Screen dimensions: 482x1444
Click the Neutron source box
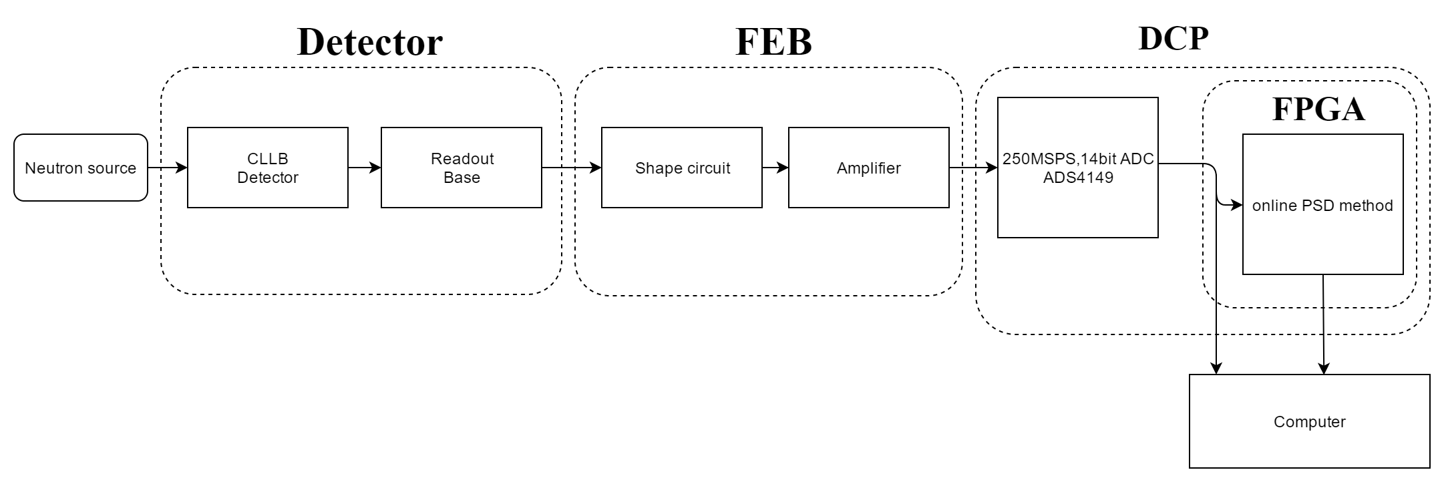pos(80,168)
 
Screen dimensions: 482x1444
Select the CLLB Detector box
pos(267,168)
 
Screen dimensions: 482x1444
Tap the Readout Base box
pos(461,168)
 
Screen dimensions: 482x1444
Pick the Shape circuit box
pos(681,168)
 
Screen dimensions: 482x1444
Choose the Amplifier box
pos(868,168)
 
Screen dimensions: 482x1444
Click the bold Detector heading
pos(369,42)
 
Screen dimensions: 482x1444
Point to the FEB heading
pos(773,42)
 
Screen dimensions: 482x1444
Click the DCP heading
pos(1173,39)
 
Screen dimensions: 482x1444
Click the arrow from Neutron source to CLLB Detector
pos(167,168)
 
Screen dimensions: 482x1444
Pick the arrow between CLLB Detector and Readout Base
pos(364,168)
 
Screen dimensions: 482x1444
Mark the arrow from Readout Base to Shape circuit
pos(571,168)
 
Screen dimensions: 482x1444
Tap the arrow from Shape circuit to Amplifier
pos(775,168)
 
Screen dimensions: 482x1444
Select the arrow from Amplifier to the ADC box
pos(973,168)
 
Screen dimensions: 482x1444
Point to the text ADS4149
pos(1078,178)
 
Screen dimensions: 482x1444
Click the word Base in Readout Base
pos(462,178)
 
